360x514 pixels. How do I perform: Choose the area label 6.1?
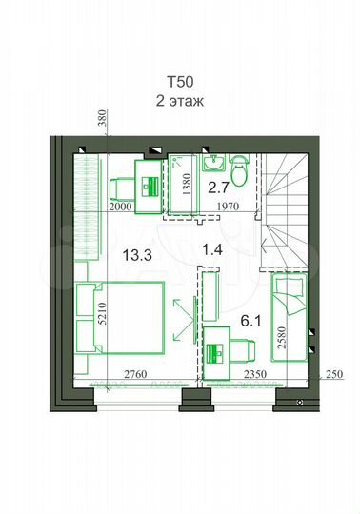point(250,322)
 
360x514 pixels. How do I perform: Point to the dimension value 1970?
point(225,207)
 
